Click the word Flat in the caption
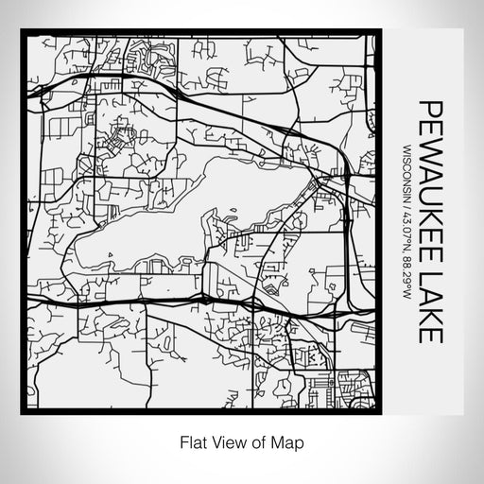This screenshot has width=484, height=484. click(x=192, y=441)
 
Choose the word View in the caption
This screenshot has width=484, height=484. click(x=226, y=441)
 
